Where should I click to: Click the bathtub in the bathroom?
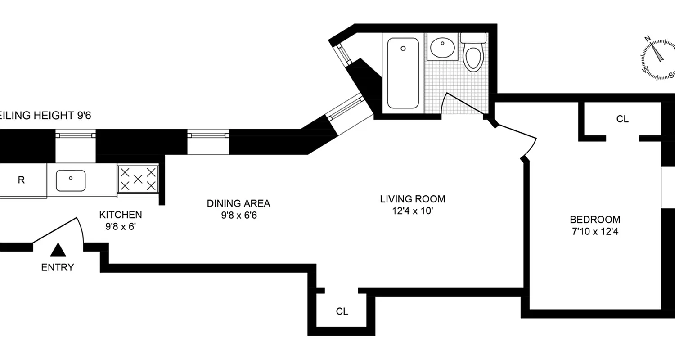(403, 73)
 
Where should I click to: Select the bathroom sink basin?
(442, 47)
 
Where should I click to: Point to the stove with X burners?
(138, 179)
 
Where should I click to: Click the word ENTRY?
(58, 268)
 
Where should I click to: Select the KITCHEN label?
(121, 215)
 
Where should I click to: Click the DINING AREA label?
(238, 203)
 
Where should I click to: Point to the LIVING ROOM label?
(413, 199)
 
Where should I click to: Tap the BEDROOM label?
(595, 220)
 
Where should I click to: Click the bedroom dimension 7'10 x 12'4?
(595, 232)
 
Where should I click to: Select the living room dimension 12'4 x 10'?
(413, 211)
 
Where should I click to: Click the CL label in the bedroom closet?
(622, 119)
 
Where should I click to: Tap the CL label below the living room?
(342, 311)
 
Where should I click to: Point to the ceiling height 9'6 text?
(45, 116)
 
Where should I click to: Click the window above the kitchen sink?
(76, 135)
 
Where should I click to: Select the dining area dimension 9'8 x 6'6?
(238, 216)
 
